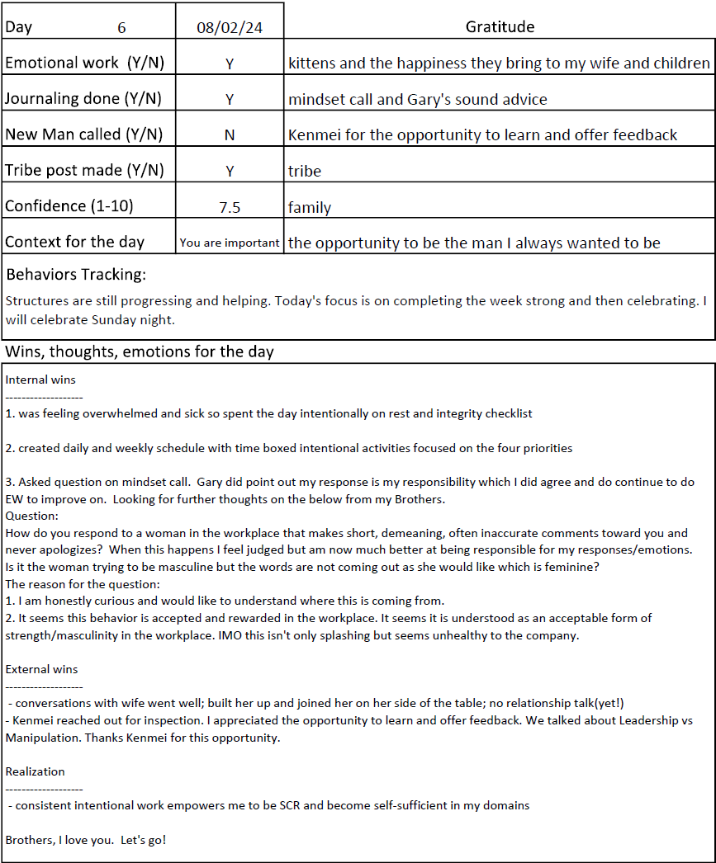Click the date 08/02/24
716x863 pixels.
pos(230,27)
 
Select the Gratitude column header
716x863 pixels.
pos(500,27)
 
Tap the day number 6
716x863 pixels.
pos(121,27)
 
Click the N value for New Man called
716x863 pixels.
pos(230,134)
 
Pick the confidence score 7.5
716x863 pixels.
pos(230,208)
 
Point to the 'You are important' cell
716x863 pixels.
pos(230,243)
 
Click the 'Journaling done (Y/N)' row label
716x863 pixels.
pos(83,99)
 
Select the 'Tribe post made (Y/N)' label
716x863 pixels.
pos(84,171)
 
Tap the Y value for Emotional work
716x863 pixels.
pos(230,64)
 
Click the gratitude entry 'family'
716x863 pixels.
pos(310,208)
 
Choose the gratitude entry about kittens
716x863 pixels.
pos(499,64)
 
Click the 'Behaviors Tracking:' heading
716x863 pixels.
pos(76,274)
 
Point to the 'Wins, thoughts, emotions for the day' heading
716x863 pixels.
pos(140,352)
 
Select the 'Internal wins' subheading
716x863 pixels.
pos(40,380)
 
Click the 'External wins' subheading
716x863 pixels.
pos(41,669)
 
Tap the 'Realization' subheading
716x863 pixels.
pos(35,771)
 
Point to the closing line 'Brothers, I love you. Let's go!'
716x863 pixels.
pos(86,840)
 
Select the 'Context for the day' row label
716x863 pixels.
pos(74,243)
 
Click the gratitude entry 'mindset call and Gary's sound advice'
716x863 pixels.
pos(418,99)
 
